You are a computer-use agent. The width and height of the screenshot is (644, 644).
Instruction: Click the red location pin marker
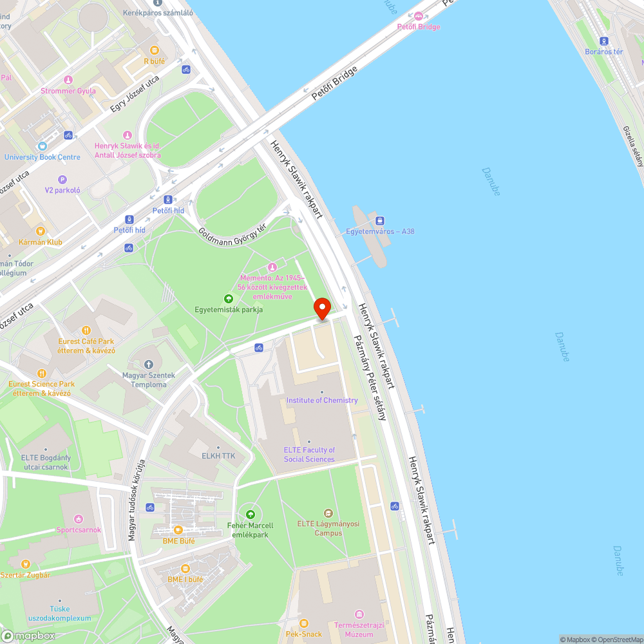pos(321,308)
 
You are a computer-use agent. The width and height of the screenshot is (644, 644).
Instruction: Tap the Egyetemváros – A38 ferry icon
pos(379,221)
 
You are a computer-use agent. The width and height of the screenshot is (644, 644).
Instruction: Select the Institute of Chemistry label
pos(322,400)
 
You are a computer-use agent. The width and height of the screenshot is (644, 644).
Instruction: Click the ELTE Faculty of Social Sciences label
pos(309,455)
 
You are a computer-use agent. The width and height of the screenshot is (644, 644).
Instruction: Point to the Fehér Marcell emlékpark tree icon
pos(251,515)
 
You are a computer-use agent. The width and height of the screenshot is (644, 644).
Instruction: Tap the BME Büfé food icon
pos(178,529)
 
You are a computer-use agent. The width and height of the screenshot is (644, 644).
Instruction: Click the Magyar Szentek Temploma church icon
pos(149,366)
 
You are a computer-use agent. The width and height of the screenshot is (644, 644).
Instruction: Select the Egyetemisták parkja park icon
pos(228,298)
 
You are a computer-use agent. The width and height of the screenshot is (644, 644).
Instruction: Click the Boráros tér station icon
pos(603,41)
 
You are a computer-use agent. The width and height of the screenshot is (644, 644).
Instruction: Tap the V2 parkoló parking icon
pos(62,180)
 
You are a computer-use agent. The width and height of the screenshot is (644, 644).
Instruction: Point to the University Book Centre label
pos(43,157)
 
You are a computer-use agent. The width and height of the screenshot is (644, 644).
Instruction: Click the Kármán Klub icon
pos(40,231)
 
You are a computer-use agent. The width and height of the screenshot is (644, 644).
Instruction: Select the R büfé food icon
pos(154,50)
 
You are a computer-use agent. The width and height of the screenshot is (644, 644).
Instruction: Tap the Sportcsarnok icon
pos(79,519)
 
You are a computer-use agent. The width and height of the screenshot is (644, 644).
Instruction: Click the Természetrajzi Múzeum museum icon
pos(359,614)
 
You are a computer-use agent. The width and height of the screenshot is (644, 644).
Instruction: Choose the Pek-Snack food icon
pos(304,623)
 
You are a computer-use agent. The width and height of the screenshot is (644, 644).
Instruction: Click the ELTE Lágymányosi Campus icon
pos(328,513)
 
